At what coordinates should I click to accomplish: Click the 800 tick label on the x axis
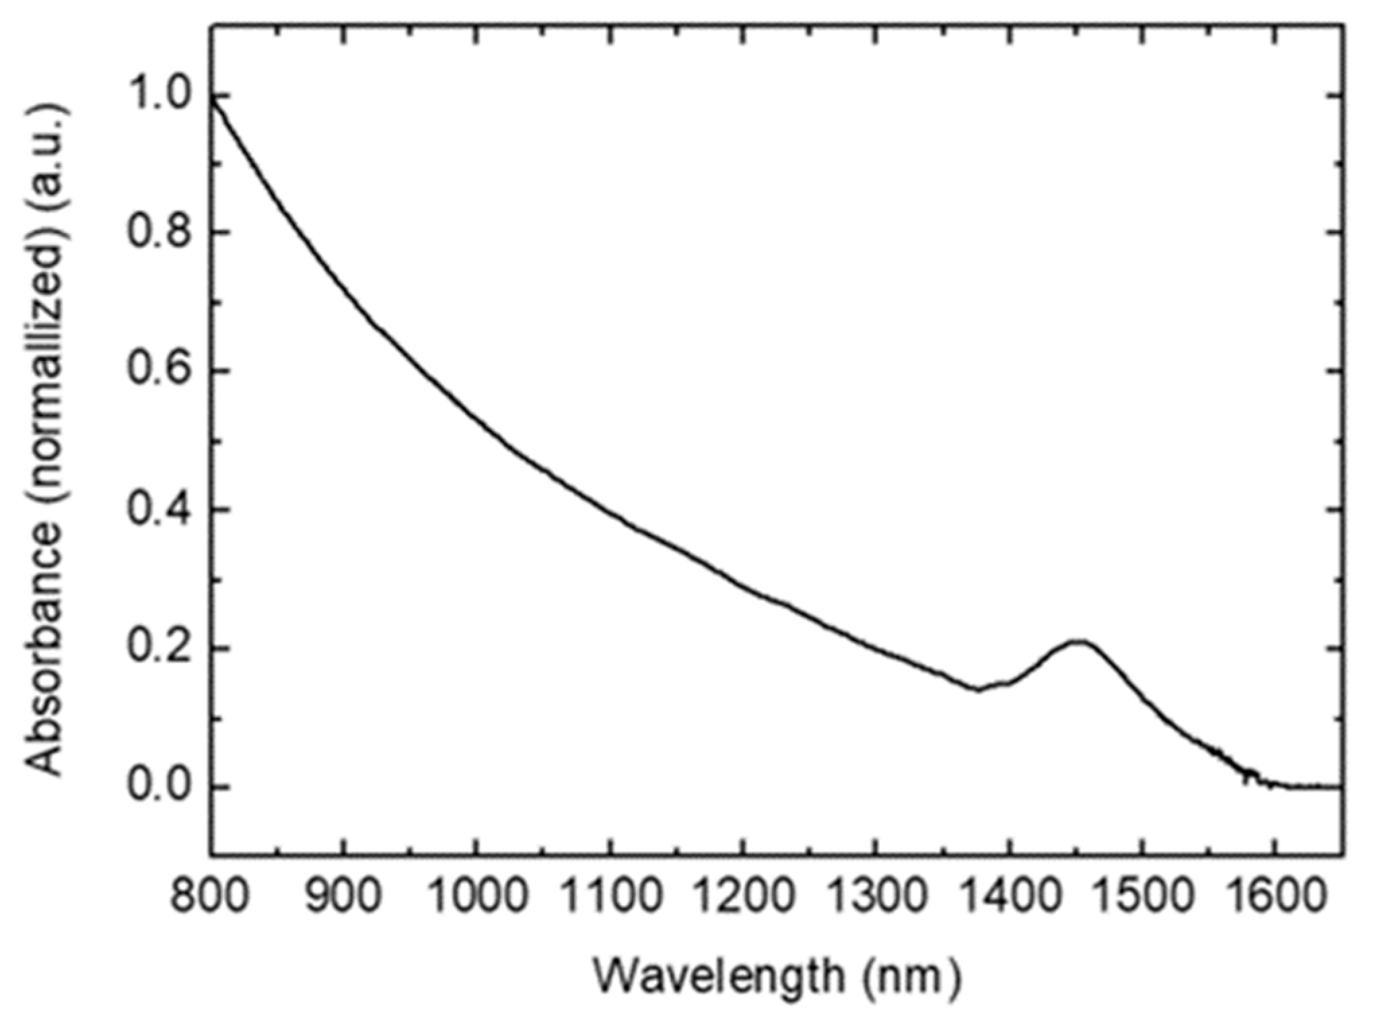pos(209,898)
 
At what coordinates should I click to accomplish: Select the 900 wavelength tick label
pos(343,898)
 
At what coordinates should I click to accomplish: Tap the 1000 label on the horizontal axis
pos(477,898)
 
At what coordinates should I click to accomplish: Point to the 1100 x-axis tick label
pos(609,898)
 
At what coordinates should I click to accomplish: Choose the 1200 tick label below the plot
pos(742,898)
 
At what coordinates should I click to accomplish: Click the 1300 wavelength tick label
pos(875,898)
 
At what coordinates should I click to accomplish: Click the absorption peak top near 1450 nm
pos(1078,641)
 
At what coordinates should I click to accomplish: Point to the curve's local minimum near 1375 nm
pos(977,690)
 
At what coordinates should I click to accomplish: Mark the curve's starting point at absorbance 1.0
pos(212,98)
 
